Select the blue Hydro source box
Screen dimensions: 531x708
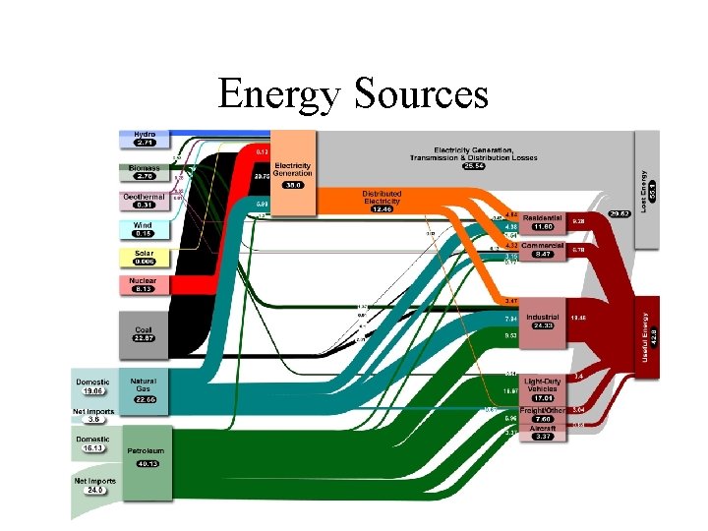[145, 138]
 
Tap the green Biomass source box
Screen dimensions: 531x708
[145, 172]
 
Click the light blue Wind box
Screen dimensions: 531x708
[145, 229]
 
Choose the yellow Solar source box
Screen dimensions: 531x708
[145, 258]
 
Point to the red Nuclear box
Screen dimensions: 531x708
[145, 286]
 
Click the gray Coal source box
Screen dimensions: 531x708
[145, 335]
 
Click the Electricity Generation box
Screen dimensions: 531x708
[293, 173]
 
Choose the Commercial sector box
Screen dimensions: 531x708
[542, 249]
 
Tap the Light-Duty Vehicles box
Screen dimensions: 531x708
[542, 387]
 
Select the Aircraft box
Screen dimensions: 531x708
[542, 433]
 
